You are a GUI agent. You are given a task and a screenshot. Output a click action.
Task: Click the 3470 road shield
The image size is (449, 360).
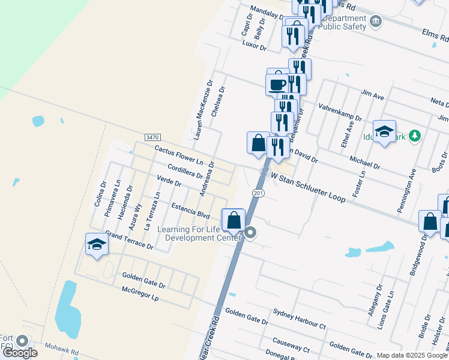(152, 137)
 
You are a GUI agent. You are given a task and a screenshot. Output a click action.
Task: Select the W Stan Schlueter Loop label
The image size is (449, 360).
(307, 187)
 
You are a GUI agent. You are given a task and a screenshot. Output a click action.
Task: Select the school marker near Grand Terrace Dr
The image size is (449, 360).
(97, 244)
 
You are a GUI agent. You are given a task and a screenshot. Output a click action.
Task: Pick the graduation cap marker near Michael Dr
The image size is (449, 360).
(384, 131)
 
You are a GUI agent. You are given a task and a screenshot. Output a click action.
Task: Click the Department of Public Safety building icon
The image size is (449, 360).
(376, 22)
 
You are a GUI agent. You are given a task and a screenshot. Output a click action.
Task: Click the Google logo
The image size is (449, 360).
(19, 353)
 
